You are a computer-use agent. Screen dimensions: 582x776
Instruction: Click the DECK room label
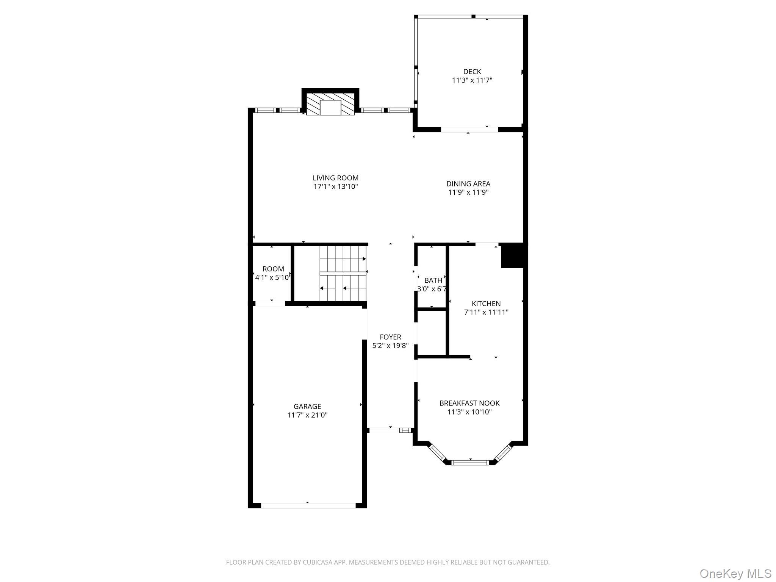coord(472,72)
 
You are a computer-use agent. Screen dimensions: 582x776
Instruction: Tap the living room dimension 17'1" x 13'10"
coord(335,187)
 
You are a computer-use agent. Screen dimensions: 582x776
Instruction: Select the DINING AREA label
coord(468,184)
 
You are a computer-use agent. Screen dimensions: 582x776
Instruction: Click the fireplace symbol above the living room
coord(330,103)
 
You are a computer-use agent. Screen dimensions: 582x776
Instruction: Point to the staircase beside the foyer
coord(343,274)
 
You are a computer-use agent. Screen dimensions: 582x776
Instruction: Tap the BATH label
coord(433,280)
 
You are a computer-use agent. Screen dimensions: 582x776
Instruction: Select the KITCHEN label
coord(486,304)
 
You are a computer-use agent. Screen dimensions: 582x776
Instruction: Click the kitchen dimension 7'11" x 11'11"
coord(486,313)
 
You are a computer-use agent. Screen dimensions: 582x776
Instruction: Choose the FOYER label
coord(390,337)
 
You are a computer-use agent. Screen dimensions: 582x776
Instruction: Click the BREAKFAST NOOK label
coord(469,403)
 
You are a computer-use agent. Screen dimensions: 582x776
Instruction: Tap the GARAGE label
coord(307,407)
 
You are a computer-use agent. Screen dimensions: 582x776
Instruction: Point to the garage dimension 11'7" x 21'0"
coord(307,415)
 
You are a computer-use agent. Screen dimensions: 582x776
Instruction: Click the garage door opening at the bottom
coord(308,505)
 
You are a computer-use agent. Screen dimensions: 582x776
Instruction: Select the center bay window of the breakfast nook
coord(470,462)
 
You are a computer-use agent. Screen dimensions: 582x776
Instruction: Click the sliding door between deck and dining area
coord(469,130)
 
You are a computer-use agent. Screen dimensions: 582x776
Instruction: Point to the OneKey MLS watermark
coord(735,573)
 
